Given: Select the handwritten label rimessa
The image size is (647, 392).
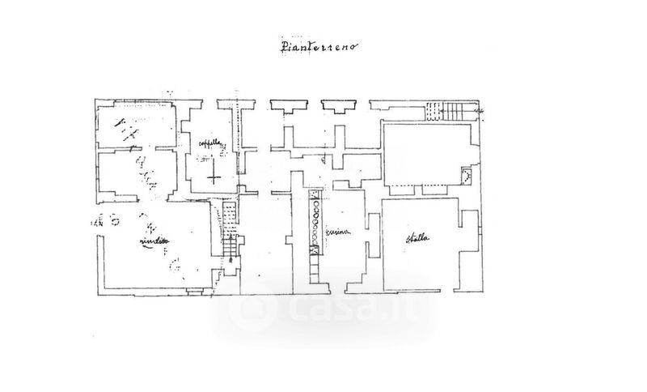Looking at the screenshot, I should pos(155,241).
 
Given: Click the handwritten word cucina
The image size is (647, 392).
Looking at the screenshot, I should pos(337,233).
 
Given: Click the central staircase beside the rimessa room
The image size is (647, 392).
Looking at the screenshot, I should pos(230,235).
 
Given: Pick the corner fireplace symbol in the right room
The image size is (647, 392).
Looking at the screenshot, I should pos(465,173).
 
